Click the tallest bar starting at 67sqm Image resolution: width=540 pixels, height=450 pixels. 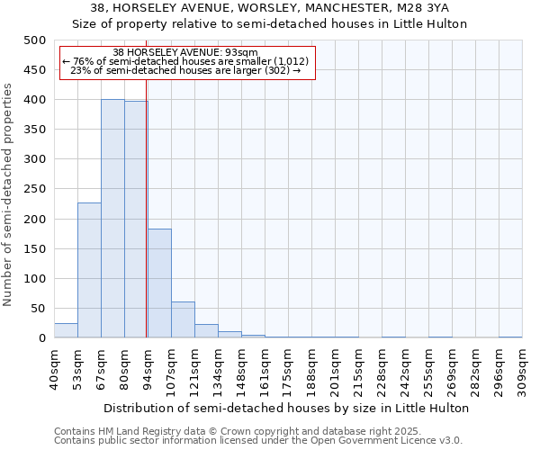coord(112,219)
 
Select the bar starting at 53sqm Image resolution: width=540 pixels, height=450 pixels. coord(89,270)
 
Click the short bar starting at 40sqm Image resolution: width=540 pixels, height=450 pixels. coord(66,330)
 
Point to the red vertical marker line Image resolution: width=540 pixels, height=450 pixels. coord(146,225)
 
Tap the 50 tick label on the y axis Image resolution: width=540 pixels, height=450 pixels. coord(38,309)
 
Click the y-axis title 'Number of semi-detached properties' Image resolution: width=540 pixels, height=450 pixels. coord(8,194)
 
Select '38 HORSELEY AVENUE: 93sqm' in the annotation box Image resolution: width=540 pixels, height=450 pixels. coord(186,52)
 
